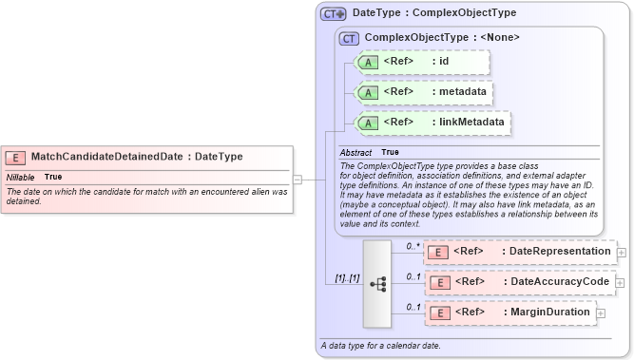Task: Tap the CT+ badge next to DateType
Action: click(x=334, y=13)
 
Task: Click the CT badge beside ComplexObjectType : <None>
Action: click(x=349, y=38)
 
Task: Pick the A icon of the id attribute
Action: click(x=371, y=63)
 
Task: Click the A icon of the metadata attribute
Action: click(x=371, y=92)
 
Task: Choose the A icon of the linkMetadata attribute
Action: click(x=371, y=123)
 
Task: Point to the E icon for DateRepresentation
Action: click(x=440, y=252)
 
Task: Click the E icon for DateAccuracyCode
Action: click(x=440, y=282)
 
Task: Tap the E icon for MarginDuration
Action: click(x=440, y=313)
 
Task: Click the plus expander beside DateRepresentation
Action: click(x=622, y=253)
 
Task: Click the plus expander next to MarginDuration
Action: click(x=601, y=313)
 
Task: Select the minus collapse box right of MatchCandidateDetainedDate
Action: click(x=298, y=178)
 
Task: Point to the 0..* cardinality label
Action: click(x=413, y=246)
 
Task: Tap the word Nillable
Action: click(x=21, y=177)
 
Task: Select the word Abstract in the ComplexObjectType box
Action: click(x=356, y=152)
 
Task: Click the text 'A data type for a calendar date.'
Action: click(x=381, y=346)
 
